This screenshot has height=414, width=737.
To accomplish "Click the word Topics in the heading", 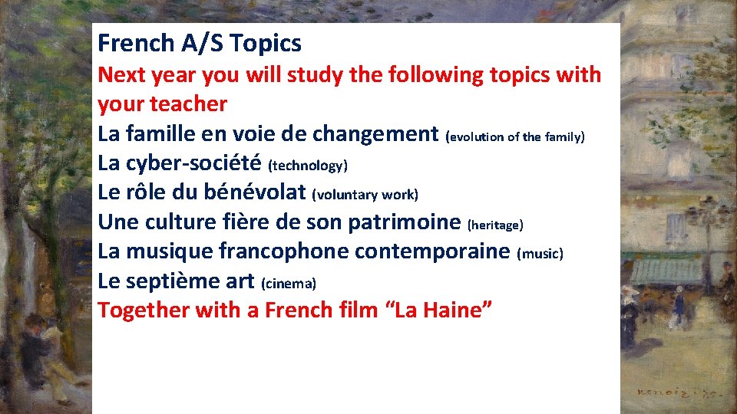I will pos(266,44).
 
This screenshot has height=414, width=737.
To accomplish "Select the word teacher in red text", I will pos(190,104).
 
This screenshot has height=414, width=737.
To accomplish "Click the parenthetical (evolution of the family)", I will pos(515,137).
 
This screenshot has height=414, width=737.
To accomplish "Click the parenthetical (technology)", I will pos(308,166).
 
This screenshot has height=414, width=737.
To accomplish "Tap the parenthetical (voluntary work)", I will pos(365,195).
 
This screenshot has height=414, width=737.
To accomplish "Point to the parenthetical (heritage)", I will pos(495,225).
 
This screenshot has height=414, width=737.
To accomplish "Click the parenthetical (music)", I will pos(541,254).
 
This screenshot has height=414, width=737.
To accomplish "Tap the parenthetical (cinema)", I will pos(289,284).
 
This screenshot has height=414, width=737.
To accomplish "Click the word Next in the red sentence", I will pos(120,75).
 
